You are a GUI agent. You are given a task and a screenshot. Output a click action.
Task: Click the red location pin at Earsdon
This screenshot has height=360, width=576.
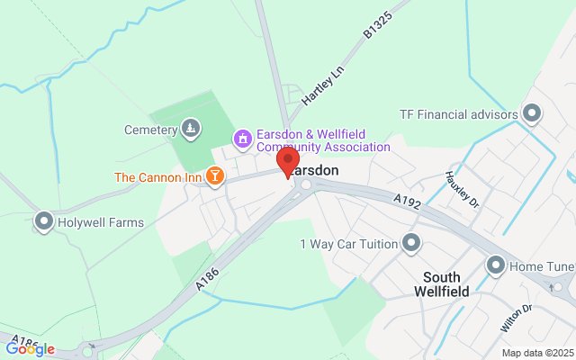[288, 163]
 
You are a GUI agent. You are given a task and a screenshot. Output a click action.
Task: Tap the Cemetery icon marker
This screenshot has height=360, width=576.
[189, 130]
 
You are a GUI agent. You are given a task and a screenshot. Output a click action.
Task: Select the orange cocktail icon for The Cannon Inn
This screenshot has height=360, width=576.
[214, 176]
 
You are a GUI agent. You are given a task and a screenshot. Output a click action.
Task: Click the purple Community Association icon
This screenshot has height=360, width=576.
[241, 139]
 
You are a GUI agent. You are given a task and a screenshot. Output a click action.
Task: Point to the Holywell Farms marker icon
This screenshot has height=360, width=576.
[43, 222]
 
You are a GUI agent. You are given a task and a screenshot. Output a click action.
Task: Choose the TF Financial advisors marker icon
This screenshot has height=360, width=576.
[532, 114]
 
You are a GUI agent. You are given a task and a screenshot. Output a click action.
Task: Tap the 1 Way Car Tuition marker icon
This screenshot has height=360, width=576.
[412, 243]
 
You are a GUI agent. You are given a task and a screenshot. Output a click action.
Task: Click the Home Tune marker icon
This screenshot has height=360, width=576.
[496, 266]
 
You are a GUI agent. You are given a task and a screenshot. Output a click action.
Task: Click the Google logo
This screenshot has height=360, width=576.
[30, 348]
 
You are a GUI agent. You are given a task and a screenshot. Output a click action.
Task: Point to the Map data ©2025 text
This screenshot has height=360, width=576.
[536, 353]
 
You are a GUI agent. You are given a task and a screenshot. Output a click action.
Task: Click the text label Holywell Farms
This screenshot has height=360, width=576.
[101, 222]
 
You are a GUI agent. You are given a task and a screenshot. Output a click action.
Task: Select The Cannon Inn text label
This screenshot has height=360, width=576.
[157, 176]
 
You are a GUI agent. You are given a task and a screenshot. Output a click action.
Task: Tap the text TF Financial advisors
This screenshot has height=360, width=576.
[459, 114]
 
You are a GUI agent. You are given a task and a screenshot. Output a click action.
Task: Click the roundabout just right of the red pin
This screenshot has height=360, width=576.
[305, 184]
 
